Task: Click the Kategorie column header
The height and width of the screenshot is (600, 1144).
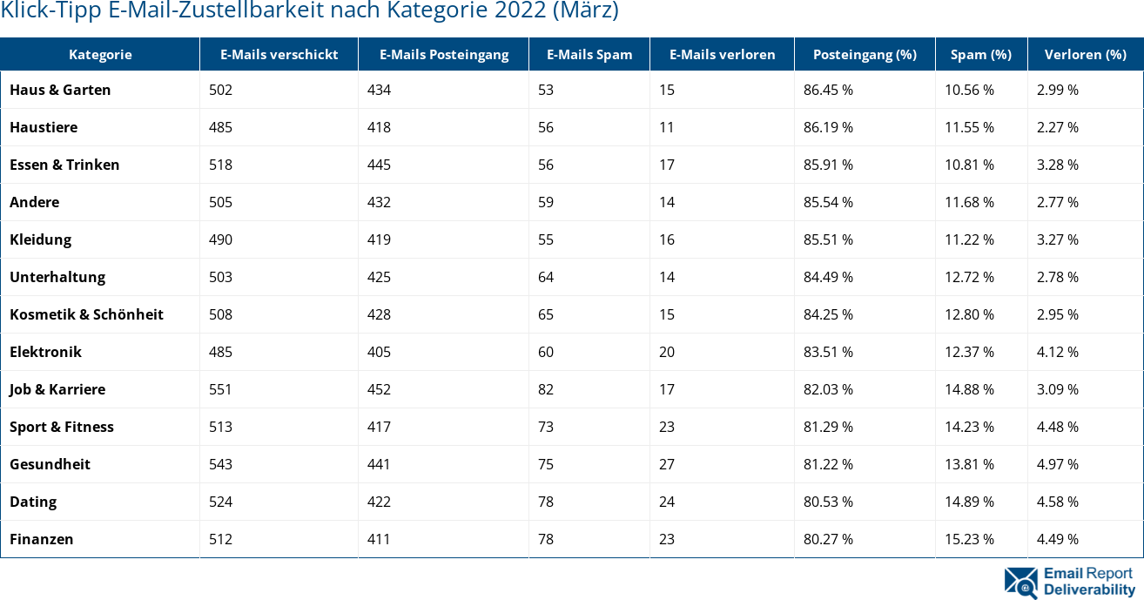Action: (x=100, y=54)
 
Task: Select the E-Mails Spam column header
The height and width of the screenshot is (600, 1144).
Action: (x=589, y=54)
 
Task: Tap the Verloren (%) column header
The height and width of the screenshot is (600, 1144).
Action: (x=1085, y=54)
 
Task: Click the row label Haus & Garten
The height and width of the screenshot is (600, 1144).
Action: (x=60, y=90)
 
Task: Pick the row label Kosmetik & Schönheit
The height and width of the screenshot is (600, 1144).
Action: (x=86, y=314)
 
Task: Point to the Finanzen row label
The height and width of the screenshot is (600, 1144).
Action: (x=41, y=539)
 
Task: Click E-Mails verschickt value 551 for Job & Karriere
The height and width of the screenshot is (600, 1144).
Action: (x=220, y=389)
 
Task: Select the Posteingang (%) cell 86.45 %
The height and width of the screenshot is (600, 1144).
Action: (x=828, y=90)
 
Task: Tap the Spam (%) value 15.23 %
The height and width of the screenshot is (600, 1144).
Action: (x=969, y=539)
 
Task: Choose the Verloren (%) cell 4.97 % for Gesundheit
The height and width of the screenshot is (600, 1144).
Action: (x=1057, y=464)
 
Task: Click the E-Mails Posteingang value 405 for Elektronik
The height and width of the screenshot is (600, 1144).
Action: (x=379, y=352)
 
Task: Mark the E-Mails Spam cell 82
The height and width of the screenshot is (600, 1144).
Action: (x=546, y=389)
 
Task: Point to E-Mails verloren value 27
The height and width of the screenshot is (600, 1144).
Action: (x=667, y=464)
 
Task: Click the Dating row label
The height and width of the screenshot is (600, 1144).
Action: (x=33, y=502)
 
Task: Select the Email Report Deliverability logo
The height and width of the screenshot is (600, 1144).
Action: (x=1070, y=582)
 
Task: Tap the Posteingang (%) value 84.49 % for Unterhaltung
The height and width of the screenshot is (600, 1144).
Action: (x=828, y=277)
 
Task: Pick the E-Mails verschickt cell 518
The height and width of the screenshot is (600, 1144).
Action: (x=220, y=165)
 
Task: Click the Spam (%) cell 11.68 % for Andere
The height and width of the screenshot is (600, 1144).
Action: (x=969, y=202)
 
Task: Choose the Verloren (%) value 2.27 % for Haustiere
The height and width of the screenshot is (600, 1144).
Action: (x=1057, y=127)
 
